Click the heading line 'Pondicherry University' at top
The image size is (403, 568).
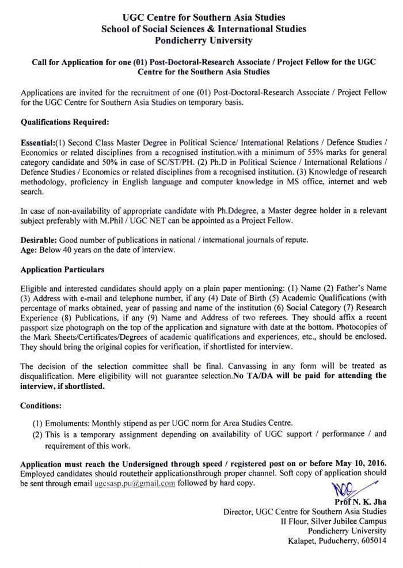[201, 39]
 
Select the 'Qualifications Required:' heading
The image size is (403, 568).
[64, 123]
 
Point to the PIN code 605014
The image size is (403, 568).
[375, 541]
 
